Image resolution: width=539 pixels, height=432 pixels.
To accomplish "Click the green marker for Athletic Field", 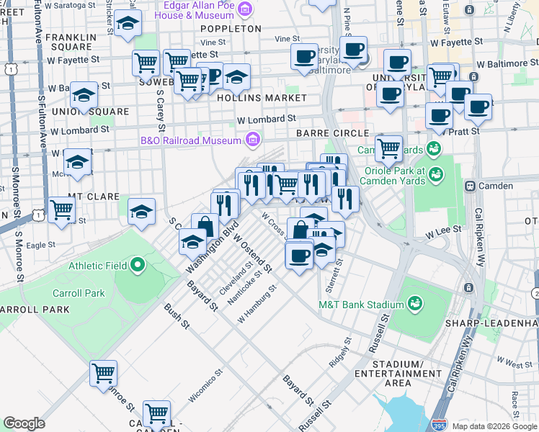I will pyautogui.click(x=136, y=266).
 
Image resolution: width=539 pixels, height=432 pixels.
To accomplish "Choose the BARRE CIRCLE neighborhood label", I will pyautogui.click(x=332, y=134).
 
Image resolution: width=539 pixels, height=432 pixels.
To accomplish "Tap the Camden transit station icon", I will pyautogui.click(x=470, y=186).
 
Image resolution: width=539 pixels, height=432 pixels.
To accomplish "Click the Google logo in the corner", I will pyautogui.click(x=24, y=423).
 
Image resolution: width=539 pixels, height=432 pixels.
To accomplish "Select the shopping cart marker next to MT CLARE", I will pyautogui.click(x=61, y=210).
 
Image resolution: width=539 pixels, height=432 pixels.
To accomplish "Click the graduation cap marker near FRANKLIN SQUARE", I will pyautogui.click(x=128, y=24).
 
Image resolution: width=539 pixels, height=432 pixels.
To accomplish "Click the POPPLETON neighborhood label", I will pyautogui.click(x=231, y=29).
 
